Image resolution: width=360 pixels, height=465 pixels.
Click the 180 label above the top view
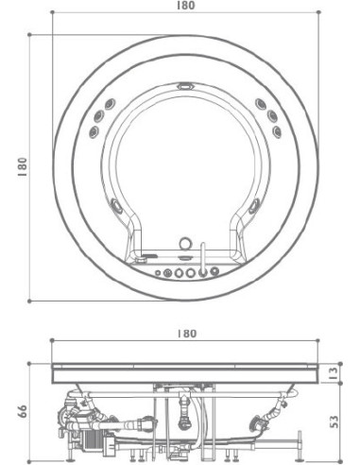pos(185,6)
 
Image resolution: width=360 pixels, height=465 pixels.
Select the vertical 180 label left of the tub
pos(23,166)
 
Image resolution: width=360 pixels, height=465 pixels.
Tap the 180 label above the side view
pos(187,334)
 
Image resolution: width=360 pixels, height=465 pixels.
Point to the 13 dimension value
pos(334,373)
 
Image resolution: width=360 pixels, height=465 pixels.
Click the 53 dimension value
pos(334,422)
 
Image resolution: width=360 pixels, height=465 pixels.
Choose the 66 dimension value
pos(23,411)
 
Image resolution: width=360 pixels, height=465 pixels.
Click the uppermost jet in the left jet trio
pos(110,104)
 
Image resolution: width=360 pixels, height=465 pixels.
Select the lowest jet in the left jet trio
pos(94,131)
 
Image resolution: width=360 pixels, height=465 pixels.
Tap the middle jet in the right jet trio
pos(272,115)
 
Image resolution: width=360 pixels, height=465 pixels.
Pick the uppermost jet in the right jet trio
pos(261,104)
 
